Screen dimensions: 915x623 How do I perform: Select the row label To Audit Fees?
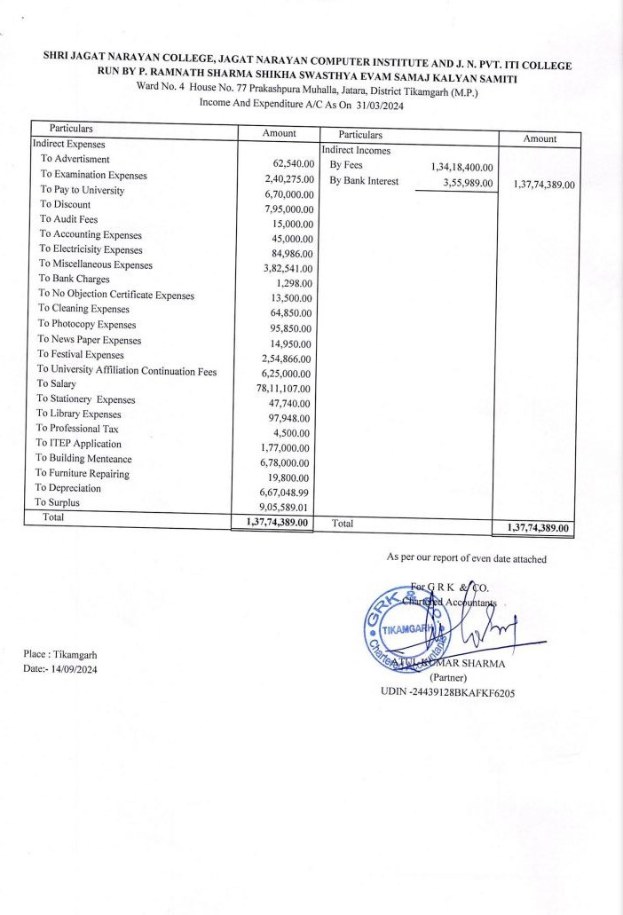pos(68,219)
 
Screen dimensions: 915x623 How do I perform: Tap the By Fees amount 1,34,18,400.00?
pos(461,167)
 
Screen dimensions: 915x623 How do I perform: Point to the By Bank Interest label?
pos(364,182)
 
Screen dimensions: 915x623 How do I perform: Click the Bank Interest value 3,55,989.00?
pos(468,183)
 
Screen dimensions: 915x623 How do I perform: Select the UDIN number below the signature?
pos(447,692)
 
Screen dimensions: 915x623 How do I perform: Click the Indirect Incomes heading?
pos(356,150)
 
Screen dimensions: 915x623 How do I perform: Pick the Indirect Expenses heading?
pos(68,143)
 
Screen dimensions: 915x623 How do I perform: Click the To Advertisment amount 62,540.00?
pos(294,164)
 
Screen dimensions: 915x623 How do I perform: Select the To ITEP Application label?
pos(78,444)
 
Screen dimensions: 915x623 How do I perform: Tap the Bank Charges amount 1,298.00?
pos(295,283)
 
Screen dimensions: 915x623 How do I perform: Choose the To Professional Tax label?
pos(76,429)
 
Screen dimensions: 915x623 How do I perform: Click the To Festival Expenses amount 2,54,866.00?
pos(286,358)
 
